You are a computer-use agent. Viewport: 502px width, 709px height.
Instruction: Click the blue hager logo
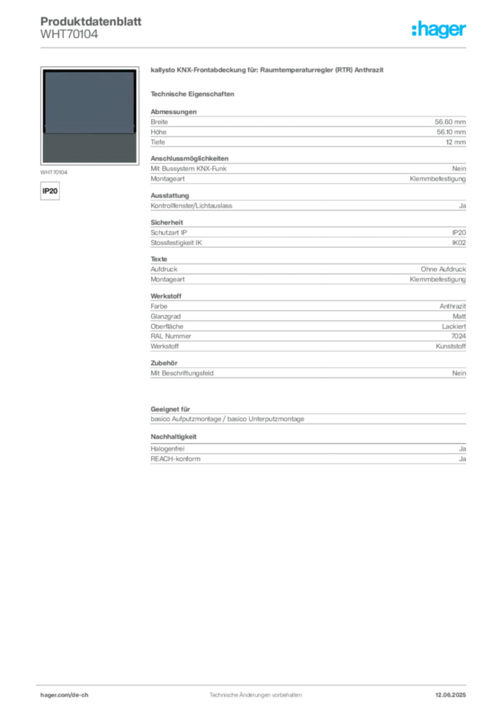tap(440, 30)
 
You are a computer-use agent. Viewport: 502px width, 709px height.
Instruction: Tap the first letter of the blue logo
tap(413, 29)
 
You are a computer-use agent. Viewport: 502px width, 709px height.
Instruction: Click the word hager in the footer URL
tap(49, 694)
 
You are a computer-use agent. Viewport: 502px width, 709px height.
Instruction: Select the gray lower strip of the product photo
tap(89, 147)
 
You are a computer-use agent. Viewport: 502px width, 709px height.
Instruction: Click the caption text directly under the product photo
tap(55, 170)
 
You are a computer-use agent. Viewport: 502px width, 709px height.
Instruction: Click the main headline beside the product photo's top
tap(268, 71)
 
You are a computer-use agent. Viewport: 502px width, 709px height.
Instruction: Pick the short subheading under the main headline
tap(194, 93)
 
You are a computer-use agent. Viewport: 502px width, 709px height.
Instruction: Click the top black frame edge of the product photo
tap(89, 70)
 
